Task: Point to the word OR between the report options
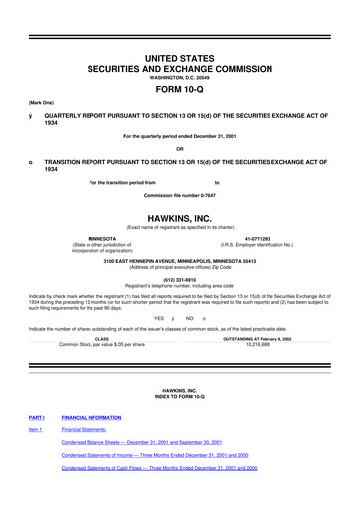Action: (179, 149)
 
